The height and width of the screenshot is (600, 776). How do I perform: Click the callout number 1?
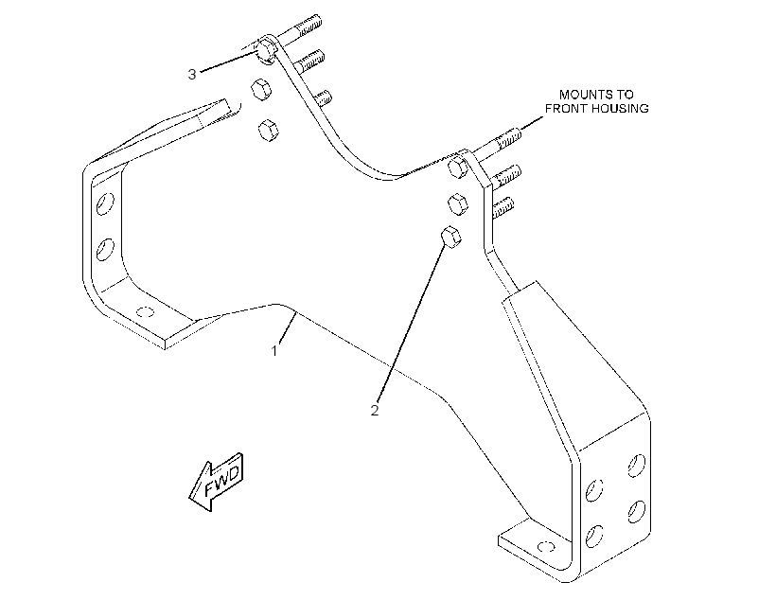[274, 351]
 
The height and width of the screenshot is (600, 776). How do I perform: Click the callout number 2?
[375, 411]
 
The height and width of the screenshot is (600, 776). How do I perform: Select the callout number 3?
[192, 74]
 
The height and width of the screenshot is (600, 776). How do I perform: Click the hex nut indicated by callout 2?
[451, 238]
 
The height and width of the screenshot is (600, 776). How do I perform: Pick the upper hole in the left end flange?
[105, 203]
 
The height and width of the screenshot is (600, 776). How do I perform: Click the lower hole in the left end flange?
[105, 249]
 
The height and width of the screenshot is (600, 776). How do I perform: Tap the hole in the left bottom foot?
[146, 312]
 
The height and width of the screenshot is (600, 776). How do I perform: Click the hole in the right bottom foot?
[546, 547]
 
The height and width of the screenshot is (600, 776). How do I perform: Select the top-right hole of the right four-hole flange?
[637, 466]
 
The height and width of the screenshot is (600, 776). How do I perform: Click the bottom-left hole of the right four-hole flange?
[594, 537]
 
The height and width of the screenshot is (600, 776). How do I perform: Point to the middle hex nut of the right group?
[457, 204]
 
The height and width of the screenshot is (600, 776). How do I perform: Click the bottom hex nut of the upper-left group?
[268, 130]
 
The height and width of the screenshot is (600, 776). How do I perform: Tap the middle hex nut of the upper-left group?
[261, 89]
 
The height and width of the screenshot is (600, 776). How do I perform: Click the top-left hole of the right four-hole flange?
[594, 490]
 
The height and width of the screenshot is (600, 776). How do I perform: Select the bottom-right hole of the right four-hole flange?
[637, 511]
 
